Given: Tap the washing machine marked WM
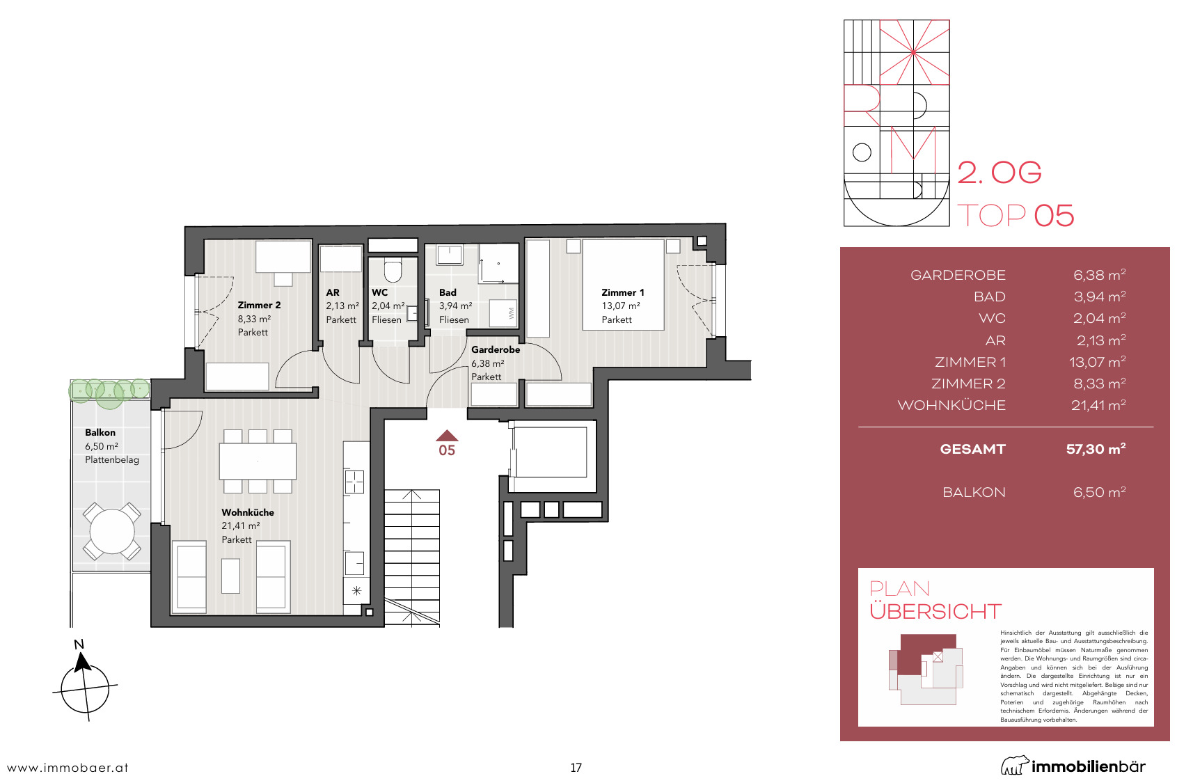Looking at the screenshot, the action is click(503, 313).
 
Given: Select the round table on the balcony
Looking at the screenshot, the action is click(112, 531).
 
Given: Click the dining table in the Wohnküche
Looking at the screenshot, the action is click(258, 461).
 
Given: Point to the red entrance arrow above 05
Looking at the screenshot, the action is click(447, 435).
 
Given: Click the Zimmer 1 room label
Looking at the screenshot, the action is click(623, 293).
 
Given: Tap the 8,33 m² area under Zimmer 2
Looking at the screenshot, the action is click(254, 319).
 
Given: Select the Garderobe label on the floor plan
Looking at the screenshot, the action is click(496, 349).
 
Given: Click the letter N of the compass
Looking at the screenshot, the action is click(79, 644).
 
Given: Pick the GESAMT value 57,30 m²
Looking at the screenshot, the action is click(1096, 449).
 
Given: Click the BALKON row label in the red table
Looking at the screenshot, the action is click(974, 492).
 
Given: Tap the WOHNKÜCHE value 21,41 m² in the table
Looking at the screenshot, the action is click(1098, 405).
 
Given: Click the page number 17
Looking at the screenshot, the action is click(576, 768).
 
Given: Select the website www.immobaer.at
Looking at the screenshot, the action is click(68, 768).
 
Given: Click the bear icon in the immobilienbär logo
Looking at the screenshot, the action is click(1015, 765).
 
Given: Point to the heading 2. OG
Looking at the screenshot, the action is click(999, 173).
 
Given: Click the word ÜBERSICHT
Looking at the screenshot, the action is click(935, 612).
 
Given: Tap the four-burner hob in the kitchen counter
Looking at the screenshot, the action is click(354, 482).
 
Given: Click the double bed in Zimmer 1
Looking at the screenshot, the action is click(623, 285).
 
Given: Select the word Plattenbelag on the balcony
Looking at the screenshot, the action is click(112, 460).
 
